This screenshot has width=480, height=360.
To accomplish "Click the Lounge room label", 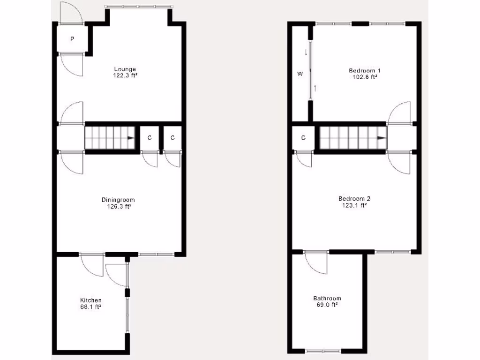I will (x=125, y=69).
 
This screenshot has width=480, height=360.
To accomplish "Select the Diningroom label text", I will (x=118, y=200).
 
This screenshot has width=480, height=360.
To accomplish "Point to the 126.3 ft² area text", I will (x=118, y=206).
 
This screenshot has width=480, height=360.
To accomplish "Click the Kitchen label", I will (x=91, y=300).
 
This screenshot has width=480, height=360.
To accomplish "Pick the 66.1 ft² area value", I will (x=91, y=307).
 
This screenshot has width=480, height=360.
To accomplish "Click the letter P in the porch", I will (x=72, y=39).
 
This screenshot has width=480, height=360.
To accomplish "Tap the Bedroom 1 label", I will (x=363, y=71).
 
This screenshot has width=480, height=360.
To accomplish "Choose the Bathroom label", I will (x=327, y=299).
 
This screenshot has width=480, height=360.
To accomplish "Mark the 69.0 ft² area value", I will (x=327, y=305).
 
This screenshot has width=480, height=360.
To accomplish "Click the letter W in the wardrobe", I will (x=300, y=74).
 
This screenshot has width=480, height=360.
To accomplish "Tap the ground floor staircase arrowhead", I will (x=131, y=138).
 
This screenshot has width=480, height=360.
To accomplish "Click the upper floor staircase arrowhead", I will (x=382, y=138).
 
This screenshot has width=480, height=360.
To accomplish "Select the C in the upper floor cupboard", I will (x=303, y=138).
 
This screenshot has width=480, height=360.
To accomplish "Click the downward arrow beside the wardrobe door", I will (x=306, y=52).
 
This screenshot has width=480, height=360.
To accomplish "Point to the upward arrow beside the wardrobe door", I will (x=315, y=88).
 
